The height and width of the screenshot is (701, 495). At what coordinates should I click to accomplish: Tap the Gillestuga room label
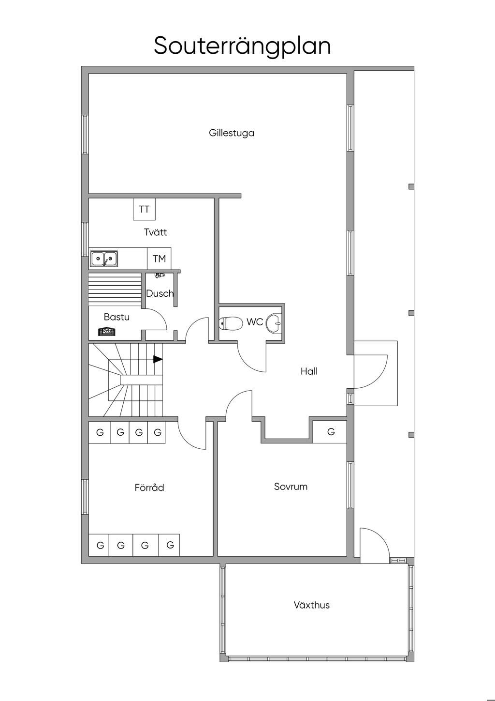tap(232, 133)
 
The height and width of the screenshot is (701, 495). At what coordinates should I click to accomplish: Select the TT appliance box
tap(144, 209)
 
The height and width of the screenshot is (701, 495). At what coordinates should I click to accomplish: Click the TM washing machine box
tap(159, 259)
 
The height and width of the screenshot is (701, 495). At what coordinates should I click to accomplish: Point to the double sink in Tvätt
tap(104, 259)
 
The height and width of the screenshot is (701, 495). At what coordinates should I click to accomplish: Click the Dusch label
tap(160, 293)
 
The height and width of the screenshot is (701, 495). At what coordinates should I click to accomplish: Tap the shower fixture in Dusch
tap(160, 275)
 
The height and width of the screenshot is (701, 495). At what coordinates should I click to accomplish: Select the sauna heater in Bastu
tap(107, 332)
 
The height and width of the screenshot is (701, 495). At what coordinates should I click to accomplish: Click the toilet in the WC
tap(231, 323)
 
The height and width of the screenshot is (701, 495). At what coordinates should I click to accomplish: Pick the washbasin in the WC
tap(274, 323)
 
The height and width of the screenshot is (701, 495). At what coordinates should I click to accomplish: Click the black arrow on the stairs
tap(158, 359)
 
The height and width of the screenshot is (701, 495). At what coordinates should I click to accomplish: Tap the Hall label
tap(309, 371)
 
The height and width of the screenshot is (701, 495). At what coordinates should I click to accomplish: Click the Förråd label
tap(149, 487)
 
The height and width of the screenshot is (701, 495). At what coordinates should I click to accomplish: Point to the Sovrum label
tap(291, 487)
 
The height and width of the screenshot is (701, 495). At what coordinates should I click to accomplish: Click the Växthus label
tap(312, 605)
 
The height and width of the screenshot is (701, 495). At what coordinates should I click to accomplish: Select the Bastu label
tap(116, 317)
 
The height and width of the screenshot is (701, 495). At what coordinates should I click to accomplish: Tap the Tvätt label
tap(155, 232)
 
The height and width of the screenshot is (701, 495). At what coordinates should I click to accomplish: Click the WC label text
tap(255, 322)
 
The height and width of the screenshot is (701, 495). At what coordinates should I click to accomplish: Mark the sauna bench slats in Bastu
tap(115, 289)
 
